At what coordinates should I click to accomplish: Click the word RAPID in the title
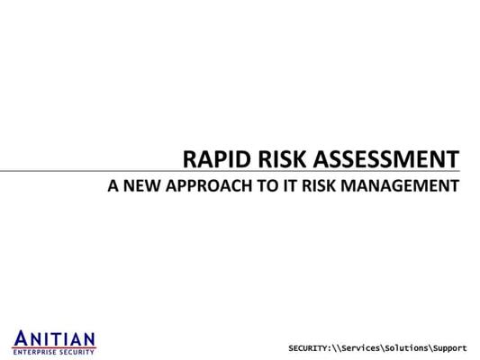pyautogui.click(x=217, y=159)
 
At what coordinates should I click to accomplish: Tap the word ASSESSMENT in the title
pyautogui.click(x=386, y=159)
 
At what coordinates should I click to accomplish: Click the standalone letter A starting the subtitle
pyautogui.click(x=113, y=185)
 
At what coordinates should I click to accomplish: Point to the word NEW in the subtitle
pyautogui.click(x=141, y=185)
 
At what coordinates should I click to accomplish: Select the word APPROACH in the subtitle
pyautogui.click(x=209, y=185)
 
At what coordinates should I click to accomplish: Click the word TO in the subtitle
pyautogui.click(x=268, y=185)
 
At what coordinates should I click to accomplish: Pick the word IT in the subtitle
pyautogui.click(x=291, y=185)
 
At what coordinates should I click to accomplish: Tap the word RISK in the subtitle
pyautogui.click(x=319, y=185)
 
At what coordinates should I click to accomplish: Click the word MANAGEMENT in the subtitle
pyautogui.click(x=400, y=185)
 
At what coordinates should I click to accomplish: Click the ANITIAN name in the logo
pyautogui.click(x=54, y=338)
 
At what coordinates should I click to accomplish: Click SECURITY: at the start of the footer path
pyautogui.click(x=310, y=348)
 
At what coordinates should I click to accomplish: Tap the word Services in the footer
pyautogui.click(x=360, y=348)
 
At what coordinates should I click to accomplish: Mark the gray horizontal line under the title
pyautogui.click(x=230, y=171)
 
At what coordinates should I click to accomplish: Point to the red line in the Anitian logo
pyautogui.click(x=54, y=347)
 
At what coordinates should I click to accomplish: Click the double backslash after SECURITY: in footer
pyautogui.click(x=337, y=348)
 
